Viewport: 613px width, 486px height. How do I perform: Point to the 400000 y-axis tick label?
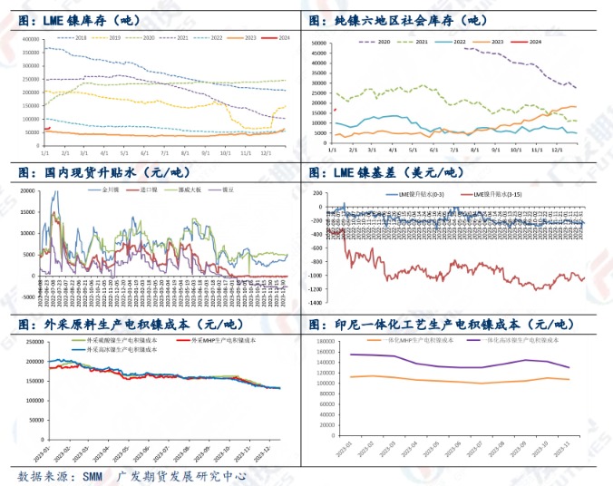coord(27,40)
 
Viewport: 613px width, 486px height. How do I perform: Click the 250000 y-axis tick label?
coord(30,342)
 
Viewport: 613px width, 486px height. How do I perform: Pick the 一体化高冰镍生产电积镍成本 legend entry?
coord(509,340)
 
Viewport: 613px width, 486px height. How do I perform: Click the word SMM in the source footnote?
coord(91,476)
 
